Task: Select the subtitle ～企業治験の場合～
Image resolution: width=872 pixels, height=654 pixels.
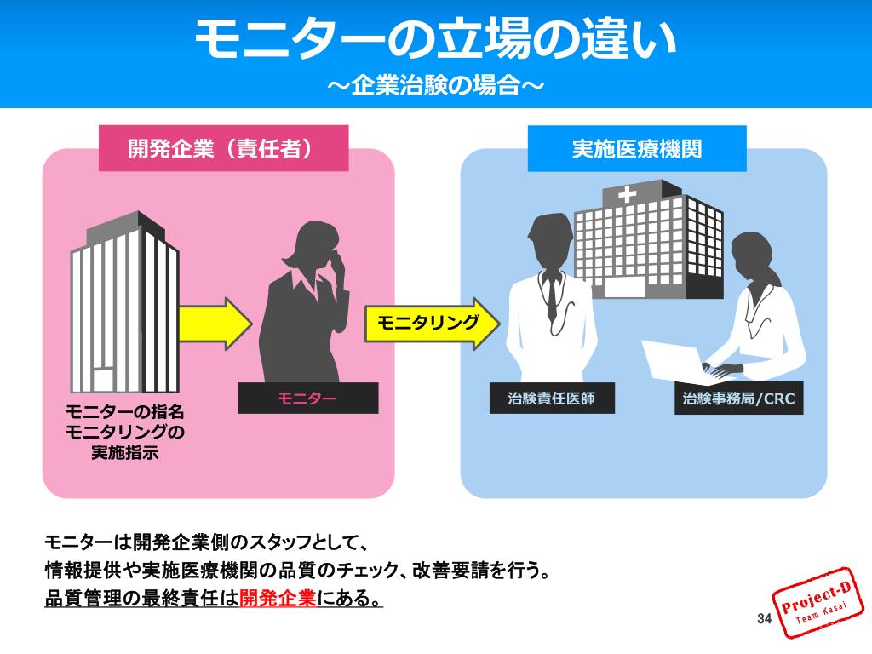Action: point(435,87)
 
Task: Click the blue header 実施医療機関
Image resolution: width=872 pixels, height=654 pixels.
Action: point(637,149)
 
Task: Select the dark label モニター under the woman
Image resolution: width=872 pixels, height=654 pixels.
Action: point(307,399)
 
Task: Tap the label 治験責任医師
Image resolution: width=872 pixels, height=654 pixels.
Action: point(551,399)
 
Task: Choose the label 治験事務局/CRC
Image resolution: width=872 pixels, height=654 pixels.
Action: point(738,399)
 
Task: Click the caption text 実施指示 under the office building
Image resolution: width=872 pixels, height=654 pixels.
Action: point(125,452)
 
